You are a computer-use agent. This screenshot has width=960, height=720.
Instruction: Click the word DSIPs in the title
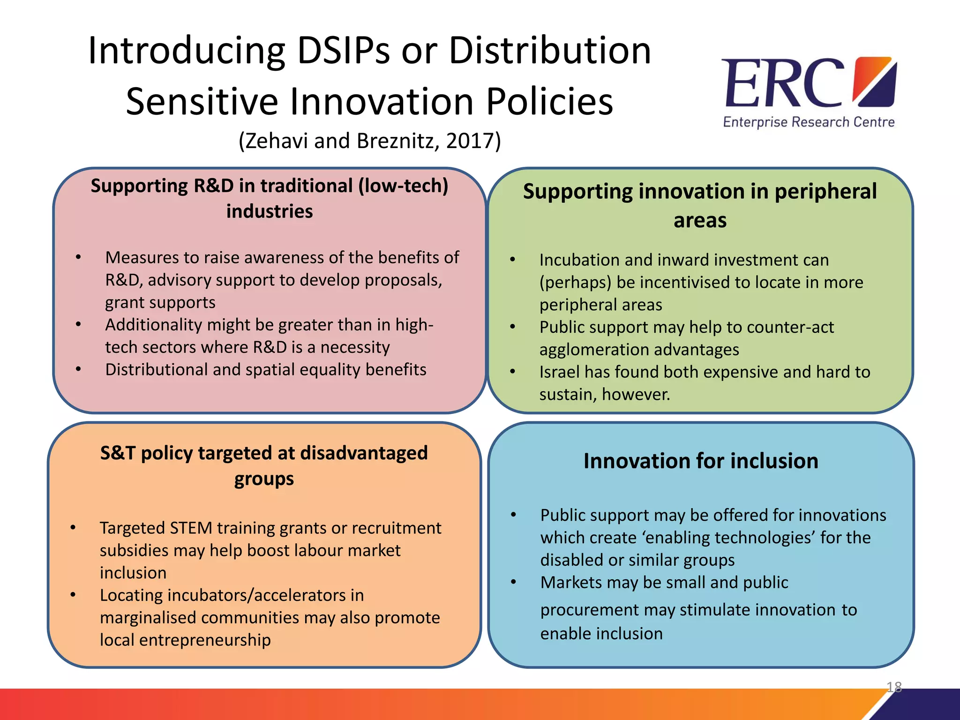343,51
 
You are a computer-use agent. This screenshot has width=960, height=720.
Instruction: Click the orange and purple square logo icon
874,82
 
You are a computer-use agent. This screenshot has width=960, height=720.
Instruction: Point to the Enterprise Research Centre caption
809,122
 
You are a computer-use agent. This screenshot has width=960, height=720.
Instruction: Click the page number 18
894,687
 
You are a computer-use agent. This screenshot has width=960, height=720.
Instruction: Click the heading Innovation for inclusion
701,461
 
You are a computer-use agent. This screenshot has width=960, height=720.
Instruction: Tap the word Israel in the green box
559,372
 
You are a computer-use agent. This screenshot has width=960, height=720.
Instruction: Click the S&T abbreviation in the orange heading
118,453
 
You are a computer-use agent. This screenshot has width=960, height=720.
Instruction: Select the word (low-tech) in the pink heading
403,186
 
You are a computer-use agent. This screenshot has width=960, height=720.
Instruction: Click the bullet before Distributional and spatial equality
78,370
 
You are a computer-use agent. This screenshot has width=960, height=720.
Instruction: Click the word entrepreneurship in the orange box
205,640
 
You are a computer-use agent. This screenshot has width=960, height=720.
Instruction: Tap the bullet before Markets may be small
513,583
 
